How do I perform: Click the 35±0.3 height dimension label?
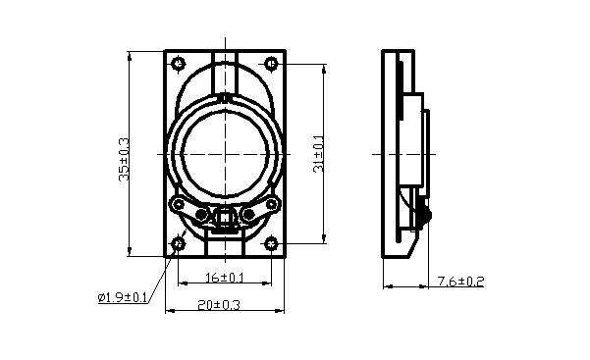click(124, 160)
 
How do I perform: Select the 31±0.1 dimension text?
click(318, 153)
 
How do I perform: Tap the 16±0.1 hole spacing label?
click(225, 278)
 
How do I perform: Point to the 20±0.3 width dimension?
click(219, 305)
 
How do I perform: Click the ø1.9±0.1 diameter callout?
click(123, 297)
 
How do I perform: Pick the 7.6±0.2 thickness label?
click(460, 281)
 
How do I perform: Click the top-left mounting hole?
click(178, 64)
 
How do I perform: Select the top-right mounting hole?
click(271, 64)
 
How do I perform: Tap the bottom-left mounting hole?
click(178, 244)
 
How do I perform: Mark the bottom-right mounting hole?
click(271, 244)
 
